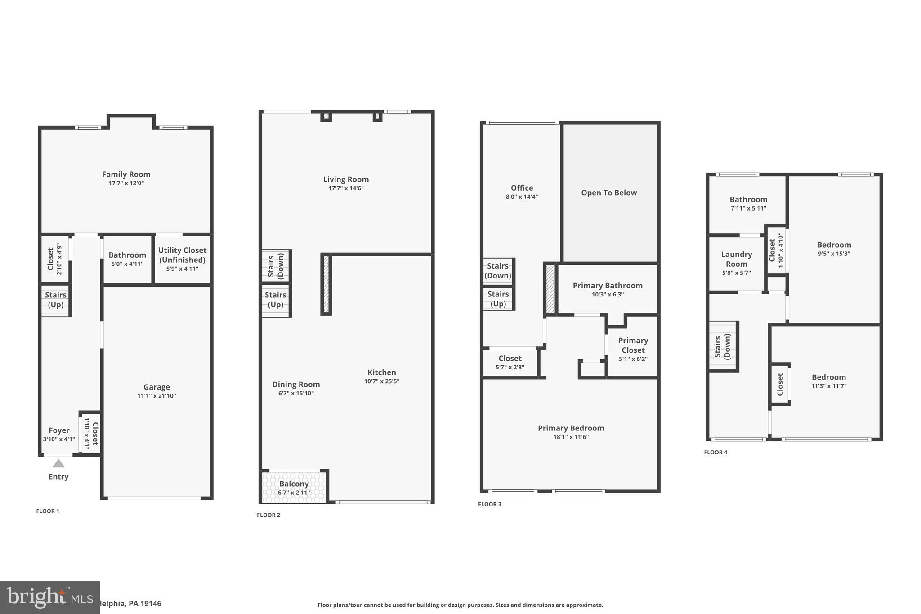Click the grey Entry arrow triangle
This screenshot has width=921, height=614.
[x=58, y=463]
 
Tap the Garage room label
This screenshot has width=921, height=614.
[x=156, y=387]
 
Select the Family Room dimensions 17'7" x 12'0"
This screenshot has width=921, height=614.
[x=126, y=184]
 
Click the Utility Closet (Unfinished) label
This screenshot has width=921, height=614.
[x=182, y=255]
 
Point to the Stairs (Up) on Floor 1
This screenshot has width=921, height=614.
[x=56, y=300]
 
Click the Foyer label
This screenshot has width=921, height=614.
[x=59, y=430]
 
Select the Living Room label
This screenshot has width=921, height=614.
[x=346, y=179]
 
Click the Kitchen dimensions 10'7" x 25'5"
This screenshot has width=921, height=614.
[x=381, y=381]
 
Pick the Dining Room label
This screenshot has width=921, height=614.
[x=296, y=385]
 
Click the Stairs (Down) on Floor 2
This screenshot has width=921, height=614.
[x=276, y=266]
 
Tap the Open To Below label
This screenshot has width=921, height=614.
[x=609, y=193]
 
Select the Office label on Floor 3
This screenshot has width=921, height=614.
[x=522, y=188]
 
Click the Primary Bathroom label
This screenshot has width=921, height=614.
[x=608, y=286]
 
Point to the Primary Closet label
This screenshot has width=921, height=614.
[x=633, y=345]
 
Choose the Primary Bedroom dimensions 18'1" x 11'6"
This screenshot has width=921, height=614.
[x=571, y=437]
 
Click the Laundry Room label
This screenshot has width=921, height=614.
[x=736, y=259]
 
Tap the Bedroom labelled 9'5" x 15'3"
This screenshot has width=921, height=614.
[x=834, y=245]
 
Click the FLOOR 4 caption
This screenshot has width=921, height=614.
[x=715, y=453]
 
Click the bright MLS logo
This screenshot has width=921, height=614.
[x=49, y=597]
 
